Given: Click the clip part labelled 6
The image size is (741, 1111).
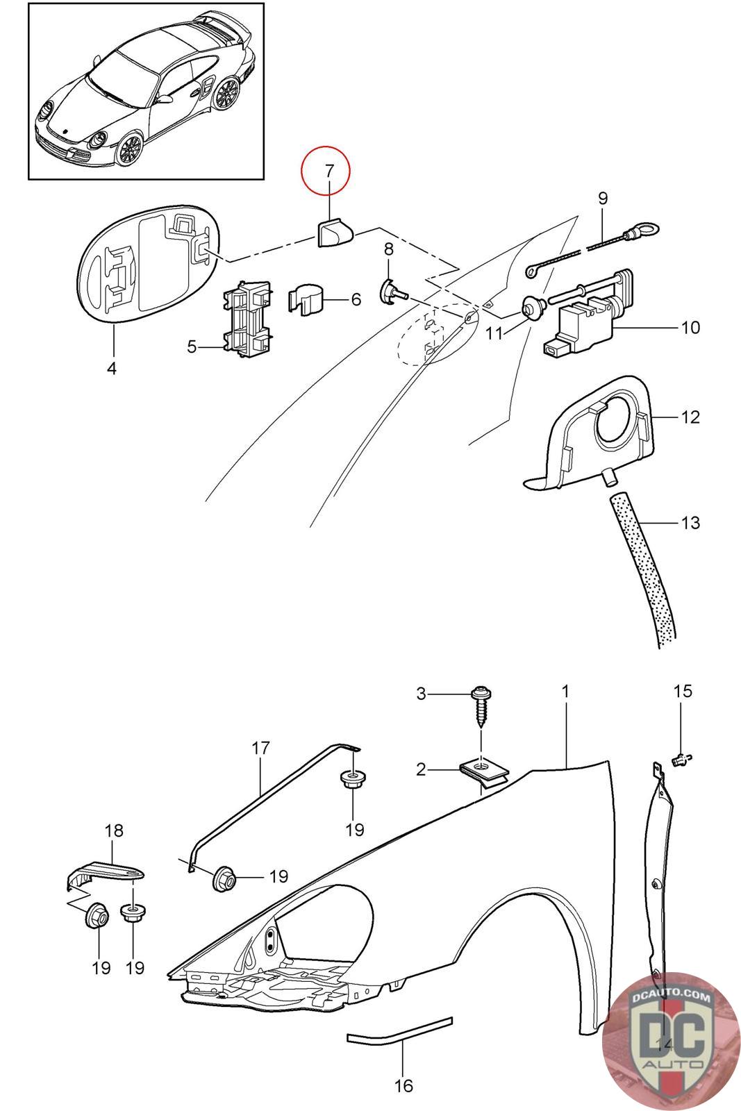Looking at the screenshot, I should pos(306,299).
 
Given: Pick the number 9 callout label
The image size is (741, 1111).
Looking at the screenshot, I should pos(603,198).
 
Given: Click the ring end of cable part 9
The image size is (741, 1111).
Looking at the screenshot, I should pos(648,231).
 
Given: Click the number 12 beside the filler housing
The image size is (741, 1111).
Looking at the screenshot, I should pos(690,417).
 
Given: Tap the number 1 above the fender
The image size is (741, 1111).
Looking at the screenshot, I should pos(566,692).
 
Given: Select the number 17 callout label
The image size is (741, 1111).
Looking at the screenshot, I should pos(260,749).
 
